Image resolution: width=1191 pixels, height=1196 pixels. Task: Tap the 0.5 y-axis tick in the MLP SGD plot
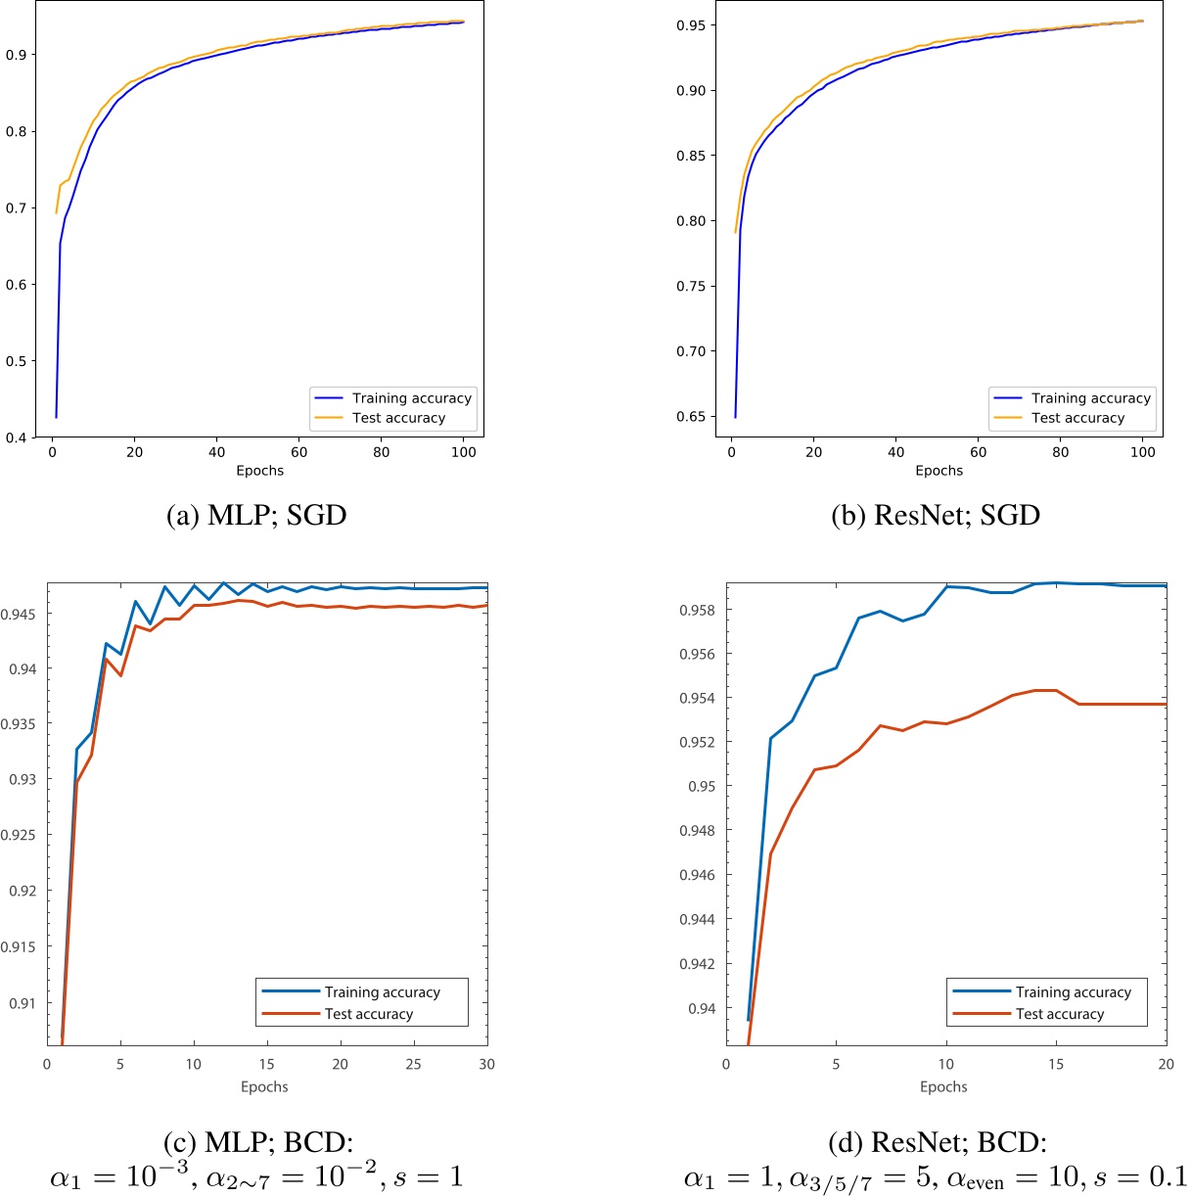click(19, 361)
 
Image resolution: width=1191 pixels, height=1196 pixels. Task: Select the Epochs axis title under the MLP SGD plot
click(259, 471)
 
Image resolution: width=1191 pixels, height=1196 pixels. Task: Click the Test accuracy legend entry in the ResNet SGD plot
click(1077, 418)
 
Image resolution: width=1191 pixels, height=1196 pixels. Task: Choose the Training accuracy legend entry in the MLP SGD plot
click(411, 398)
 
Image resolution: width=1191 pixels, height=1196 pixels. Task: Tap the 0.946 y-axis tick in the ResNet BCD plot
click(700, 875)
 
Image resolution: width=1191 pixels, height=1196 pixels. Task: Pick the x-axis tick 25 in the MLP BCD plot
click(414, 1064)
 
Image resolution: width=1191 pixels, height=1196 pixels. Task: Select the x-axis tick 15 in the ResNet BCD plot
click(1056, 1064)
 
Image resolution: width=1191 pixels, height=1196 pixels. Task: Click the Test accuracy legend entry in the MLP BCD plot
click(369, 1014)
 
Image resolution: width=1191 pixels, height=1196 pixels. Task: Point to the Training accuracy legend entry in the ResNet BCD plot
click(1073, 992)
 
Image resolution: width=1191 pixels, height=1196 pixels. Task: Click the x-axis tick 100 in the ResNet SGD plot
click(1142, 452)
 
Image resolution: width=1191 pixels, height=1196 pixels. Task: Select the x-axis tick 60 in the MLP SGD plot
click(299, 452)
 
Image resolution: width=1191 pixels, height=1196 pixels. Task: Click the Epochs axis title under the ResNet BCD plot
click(943, 1086)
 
